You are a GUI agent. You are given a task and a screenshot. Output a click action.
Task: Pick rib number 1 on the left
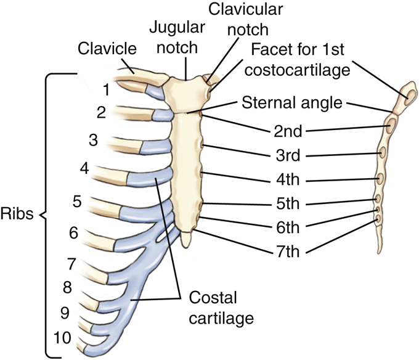(x=107, y=90)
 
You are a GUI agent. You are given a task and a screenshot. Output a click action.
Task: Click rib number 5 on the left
(x=77, y=201)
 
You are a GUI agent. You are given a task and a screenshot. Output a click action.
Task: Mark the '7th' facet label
(x=288, y=251)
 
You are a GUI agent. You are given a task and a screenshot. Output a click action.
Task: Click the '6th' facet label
(x=288, y=227)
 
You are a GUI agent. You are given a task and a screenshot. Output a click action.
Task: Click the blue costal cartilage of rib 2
(x=161, y=115)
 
